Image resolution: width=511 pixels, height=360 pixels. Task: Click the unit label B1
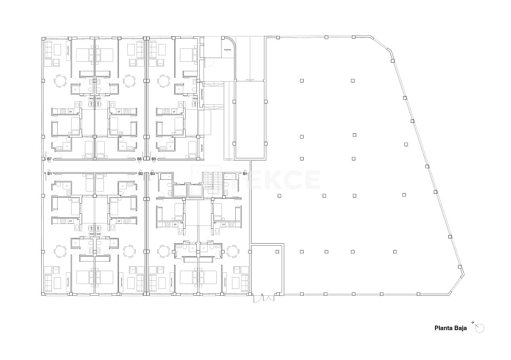point(49,173)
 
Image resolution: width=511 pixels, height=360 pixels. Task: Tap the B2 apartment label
point(140,173)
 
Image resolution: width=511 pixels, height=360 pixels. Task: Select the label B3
point(152,173)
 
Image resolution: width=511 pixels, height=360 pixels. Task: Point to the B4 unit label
point(245,173)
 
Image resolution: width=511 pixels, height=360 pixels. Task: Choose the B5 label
point(154,159)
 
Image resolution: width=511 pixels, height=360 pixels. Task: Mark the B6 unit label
point(139,159)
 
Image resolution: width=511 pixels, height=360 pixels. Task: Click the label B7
point(49,159)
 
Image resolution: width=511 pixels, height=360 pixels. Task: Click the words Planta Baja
point(450,328)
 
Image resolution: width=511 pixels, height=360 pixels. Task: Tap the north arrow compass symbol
point(479,328)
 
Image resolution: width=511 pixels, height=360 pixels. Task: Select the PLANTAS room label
point(228,50)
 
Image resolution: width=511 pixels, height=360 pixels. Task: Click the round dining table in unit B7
point(60,81)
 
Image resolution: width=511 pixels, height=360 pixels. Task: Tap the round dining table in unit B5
point(164,81)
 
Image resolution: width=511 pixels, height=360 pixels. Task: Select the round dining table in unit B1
point(60,251)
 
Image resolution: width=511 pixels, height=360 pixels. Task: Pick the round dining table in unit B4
point(232,251)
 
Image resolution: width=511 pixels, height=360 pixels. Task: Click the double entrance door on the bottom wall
point(264,298)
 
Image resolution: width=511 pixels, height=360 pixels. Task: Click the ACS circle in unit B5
point(195,98)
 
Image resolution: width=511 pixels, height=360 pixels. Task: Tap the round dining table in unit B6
point(129,81)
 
